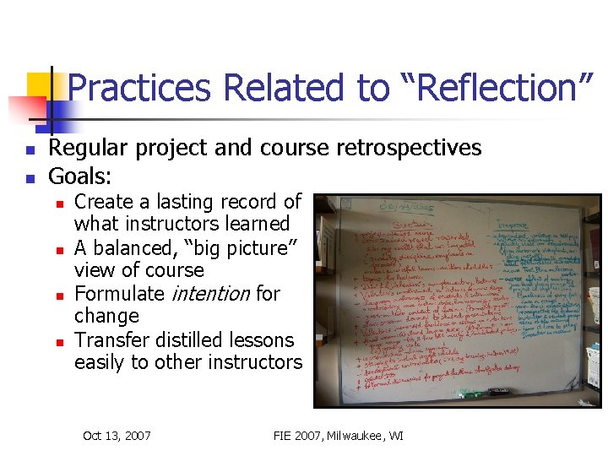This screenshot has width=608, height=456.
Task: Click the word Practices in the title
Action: tap(139, 89)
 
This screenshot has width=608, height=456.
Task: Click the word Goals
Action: tap(81, 176)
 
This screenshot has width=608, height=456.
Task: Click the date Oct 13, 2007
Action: tap(117, 436)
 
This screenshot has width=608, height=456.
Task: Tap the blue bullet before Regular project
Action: tap(29, 150)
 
